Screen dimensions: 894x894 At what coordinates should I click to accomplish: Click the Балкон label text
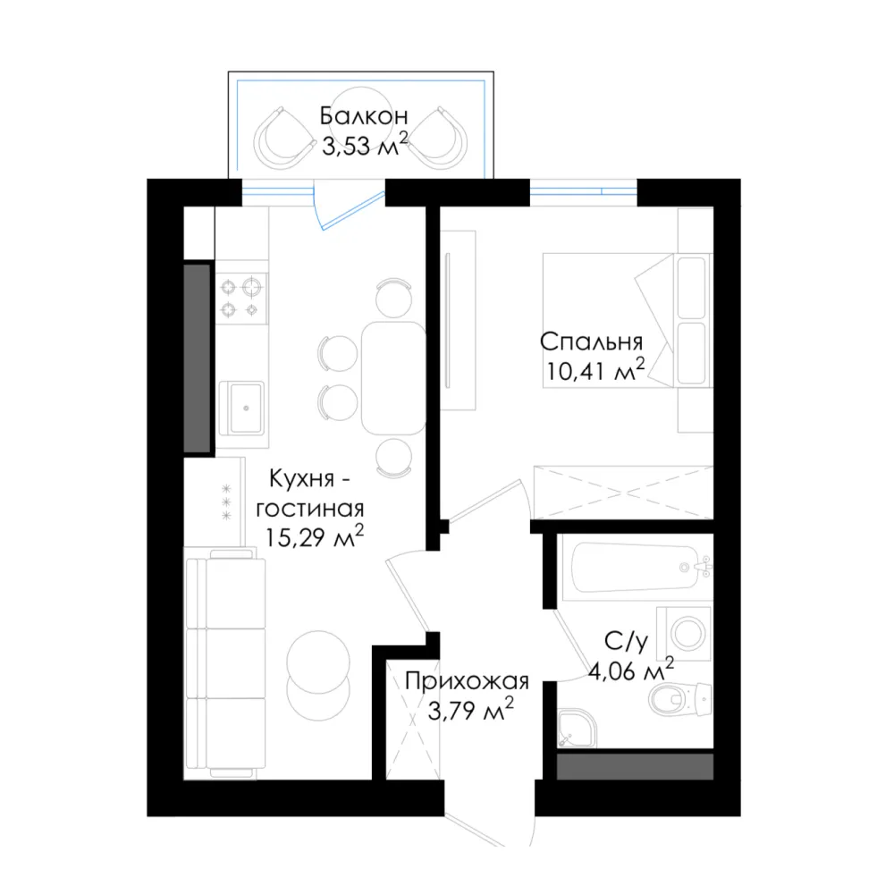[x=364, y=115]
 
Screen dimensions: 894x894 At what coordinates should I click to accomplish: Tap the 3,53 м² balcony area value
[x=365, y=145]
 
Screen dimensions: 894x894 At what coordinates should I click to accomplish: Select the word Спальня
[x=591, y=342]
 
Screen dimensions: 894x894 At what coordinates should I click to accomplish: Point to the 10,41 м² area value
[x=595, y=371]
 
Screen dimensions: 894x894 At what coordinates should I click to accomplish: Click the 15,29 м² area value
[x=314, y=537]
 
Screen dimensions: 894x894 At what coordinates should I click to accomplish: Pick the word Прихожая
[x=467, y=681]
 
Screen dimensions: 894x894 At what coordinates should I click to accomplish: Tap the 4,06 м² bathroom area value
[x=631, y=670]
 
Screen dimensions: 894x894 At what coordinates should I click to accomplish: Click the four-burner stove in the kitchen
[x=241, y=299]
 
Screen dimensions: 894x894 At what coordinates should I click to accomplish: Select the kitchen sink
[x=241, y=407]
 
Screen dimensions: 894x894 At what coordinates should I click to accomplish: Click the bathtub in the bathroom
[x=636, y=568]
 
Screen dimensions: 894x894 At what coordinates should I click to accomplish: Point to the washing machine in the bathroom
[x=684, y=634]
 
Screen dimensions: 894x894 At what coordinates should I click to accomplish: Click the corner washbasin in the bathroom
[x=577, y=728]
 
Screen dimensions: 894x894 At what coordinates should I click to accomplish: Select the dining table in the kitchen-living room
[x=393, y=378]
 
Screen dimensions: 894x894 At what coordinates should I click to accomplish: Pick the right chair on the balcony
[x=438, y=138]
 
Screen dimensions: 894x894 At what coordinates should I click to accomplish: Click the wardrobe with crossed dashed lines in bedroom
[x=623, y=492]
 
